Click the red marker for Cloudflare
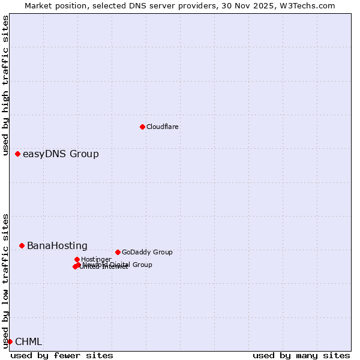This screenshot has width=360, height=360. point(142,127)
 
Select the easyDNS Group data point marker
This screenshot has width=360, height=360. point(17,154)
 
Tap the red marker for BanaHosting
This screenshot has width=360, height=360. point(22,245)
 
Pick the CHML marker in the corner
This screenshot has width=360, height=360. point(10,341)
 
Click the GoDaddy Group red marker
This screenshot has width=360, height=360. point(118,252)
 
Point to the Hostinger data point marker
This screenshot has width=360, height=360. point(77,259)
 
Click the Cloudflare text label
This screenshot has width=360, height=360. point(163,127)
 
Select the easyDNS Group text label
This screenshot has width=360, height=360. point(61,154)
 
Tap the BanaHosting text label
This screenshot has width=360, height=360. point(57,245)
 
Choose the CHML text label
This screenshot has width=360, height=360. point(28,341)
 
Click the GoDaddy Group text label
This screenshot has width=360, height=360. point(147,252)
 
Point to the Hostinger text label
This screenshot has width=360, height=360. point(96,259)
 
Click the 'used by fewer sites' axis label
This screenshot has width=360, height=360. point(62,355)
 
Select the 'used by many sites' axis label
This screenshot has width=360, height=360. point(301,355)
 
